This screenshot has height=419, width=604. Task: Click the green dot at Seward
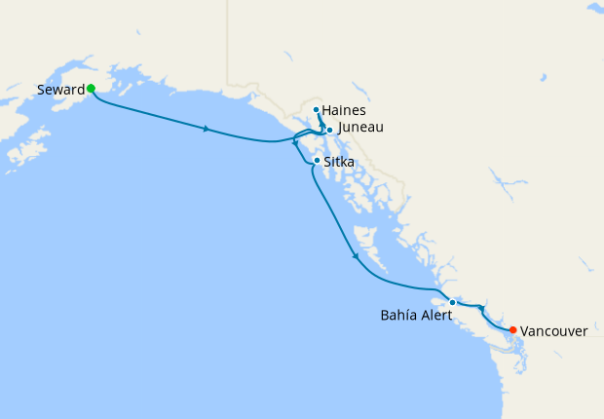pos(91,88)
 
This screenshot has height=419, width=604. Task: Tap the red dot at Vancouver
pos(513,329)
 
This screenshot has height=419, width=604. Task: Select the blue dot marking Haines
pos(317,109)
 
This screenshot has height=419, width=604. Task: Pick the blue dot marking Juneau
pos(329,130)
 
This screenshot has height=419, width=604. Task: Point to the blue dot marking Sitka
pos(317,161)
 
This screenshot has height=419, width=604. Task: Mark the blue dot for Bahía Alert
pos(452,302)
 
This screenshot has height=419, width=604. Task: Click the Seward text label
pos(59,90)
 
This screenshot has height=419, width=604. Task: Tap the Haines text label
pos(344,110)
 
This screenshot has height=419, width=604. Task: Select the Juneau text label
pos(360,128)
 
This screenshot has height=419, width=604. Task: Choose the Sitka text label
pos(339,162)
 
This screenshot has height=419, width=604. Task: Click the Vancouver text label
pos(553,331)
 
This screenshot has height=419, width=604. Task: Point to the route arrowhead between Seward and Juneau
pos(206,129)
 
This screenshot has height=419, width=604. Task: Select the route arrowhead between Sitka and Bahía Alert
pos(356,256)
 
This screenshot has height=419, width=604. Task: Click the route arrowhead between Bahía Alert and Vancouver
pos(480,309)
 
